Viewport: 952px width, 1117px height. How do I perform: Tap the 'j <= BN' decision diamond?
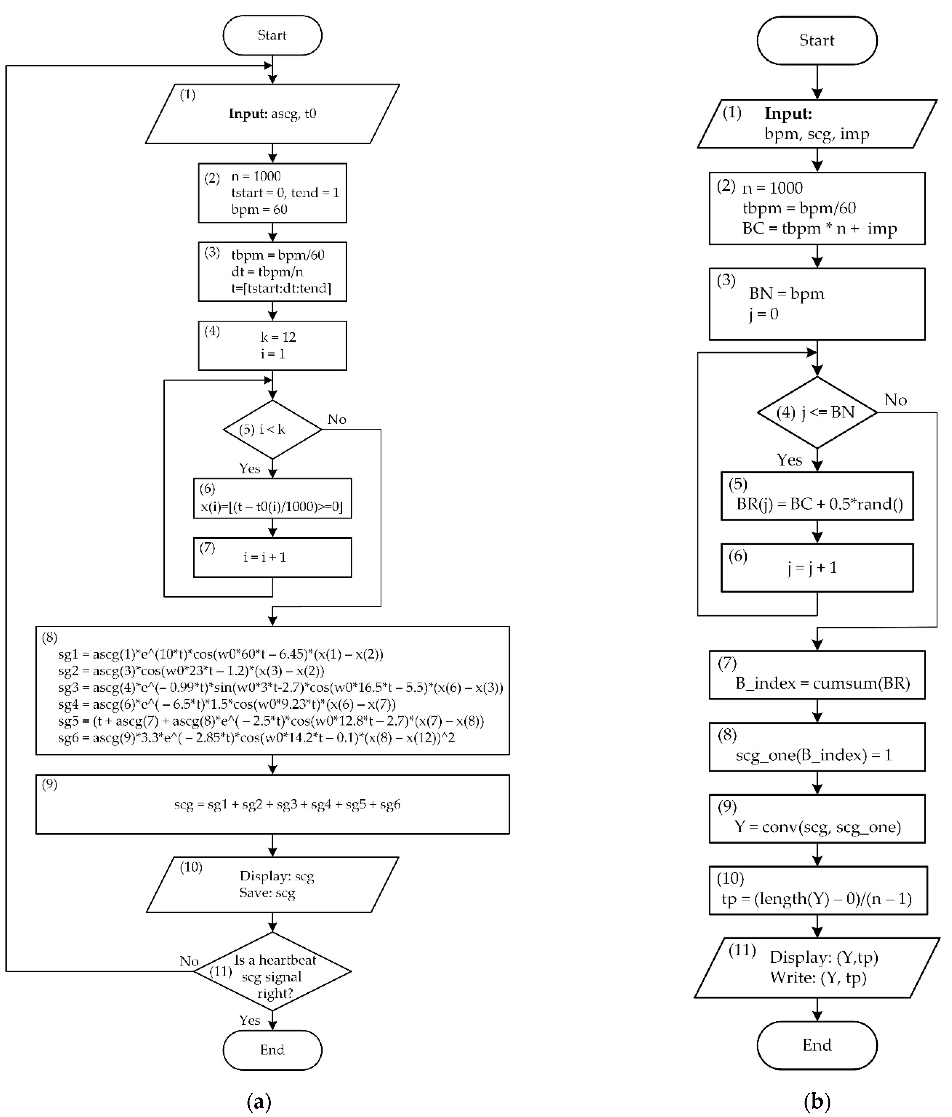(816, 412)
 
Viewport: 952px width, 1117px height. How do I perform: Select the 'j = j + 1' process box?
(816, 568)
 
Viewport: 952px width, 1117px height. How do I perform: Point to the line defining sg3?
(280, 687)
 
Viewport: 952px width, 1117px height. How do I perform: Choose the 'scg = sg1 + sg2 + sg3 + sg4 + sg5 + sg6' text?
(287, 804)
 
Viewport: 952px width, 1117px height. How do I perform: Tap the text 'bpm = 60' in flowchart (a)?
(259, 209)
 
